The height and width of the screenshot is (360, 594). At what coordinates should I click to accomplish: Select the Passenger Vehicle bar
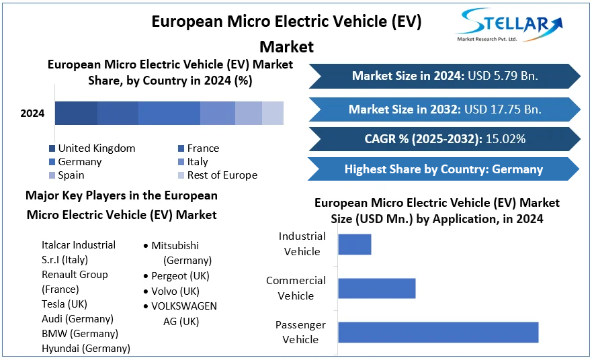coord(438,332)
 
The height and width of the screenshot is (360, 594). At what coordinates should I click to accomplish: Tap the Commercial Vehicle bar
coord(376,288)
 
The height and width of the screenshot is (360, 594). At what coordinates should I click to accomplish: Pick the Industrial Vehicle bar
coord(354,244)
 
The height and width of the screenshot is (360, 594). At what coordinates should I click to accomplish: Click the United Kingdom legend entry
coord(91,148)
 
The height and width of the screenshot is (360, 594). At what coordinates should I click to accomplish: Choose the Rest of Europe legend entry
coord(217,175)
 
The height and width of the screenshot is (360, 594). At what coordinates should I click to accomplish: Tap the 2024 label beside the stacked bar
coord(32,114)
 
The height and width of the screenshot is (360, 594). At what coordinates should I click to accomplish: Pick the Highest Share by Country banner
coord(443,169)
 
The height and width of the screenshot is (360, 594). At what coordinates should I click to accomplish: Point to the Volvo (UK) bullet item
coord(175,291)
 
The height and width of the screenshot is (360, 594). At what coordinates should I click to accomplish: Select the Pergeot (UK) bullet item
coord(180,275)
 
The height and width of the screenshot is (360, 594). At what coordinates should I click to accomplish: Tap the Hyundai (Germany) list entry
coord(86,348)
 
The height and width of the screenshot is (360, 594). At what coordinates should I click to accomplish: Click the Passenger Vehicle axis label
coord(300,332)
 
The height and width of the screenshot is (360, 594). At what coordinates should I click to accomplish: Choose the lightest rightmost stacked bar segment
coord(273,114)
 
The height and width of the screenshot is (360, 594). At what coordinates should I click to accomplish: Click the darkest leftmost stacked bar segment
coord(76,114)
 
